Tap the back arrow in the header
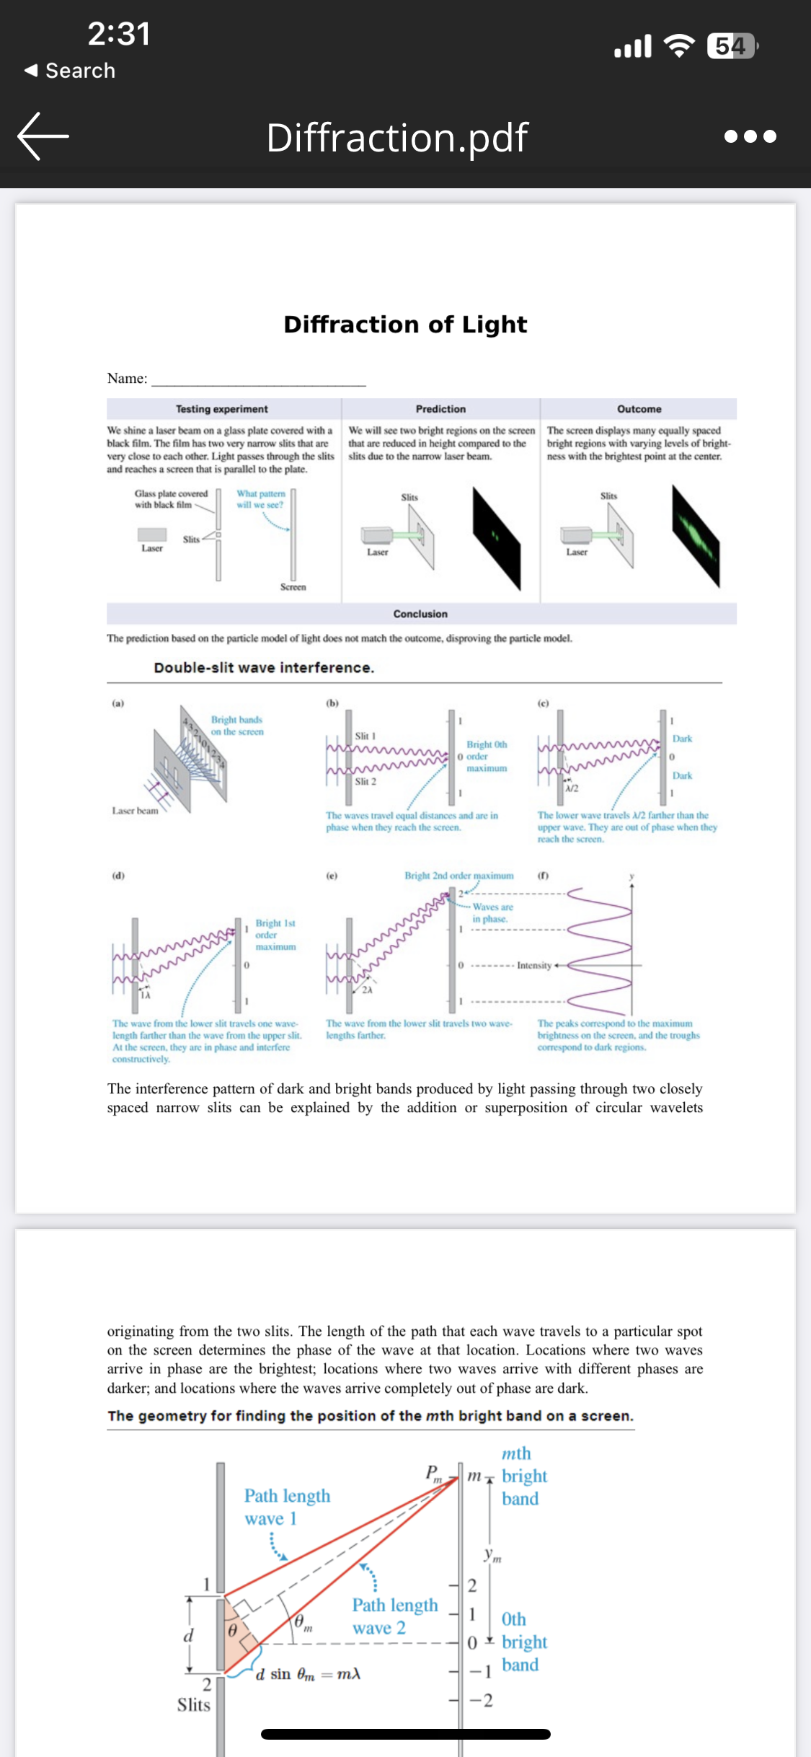point(43,136)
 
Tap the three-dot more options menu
point(750,136)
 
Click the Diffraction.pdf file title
point(397,137)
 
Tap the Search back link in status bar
point(71,71)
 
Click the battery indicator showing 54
point(732,46)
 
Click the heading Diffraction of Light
point(405,325)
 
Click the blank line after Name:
point(258,379)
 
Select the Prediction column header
point(440,409)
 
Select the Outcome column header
point(639,409)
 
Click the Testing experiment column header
point(221,409)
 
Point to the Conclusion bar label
point(420,614)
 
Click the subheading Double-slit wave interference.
point(264,668)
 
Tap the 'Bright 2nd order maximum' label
point(458,876)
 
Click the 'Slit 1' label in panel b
point(365,736)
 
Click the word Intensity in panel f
point(533,965)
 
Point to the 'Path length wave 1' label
point(287,1507)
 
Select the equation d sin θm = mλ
point(308,1674)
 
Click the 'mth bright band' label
point(524,1476)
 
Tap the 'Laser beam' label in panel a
point(135,811)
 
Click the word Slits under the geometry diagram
point(194,1705)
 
